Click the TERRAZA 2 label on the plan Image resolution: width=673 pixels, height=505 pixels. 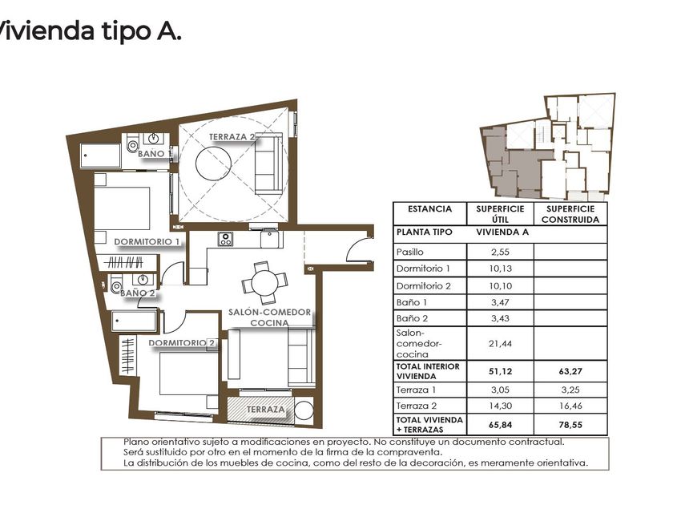click(x=232, y=137)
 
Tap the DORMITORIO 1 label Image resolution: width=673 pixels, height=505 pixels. click(x=147, y=242)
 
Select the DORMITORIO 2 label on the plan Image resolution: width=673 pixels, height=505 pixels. click(x=182, y=343)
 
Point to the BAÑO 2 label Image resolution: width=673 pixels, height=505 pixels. click(x=137, y=293)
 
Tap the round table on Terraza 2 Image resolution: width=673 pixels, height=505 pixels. click(x=213, y=164)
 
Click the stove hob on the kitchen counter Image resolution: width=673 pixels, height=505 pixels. click(x=225, y=239)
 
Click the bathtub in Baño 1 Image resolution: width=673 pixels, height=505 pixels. click(x=101, y=156)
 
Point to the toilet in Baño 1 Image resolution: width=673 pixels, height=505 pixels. click(x=133, y=145)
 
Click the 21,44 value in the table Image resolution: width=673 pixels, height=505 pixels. click(x=500, y=344)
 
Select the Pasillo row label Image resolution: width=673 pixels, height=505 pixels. click(x=410, y=252)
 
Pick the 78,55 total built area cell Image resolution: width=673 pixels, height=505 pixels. click(x=570, y=425)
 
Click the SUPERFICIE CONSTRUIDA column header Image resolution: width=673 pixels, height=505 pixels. click(x=570, y=214)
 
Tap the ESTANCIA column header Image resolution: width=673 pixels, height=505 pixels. click(x=429, y=209)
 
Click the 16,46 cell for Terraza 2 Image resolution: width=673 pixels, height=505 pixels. click(x=570, y=406)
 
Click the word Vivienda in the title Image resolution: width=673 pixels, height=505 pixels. click(x=45, y=31)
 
